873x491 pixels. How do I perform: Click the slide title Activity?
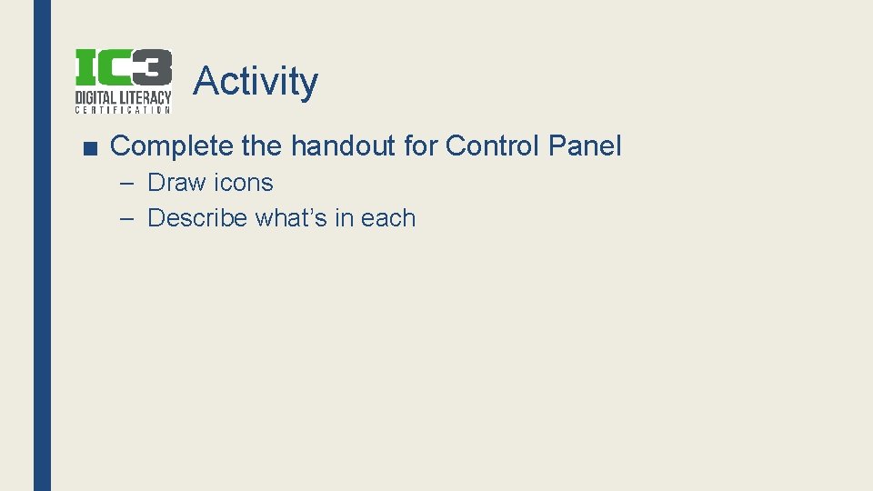pyautogui.click(x=256, y=81)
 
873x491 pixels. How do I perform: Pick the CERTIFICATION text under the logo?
pyautogui.click(x=123, y=110)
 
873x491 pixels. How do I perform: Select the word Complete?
pyautogui.click(x=169, y=145)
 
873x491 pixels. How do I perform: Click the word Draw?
pyautogui.click(x=176, y=183)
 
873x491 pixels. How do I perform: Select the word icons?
pyautogui.click(x=244, y=183)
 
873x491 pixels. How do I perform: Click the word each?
pyautogui.click(x=388, y=218)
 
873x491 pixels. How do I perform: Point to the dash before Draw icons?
pyautogui.click(x=128, y=183)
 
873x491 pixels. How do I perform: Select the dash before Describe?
pyautogui.click(x=128, y=218)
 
